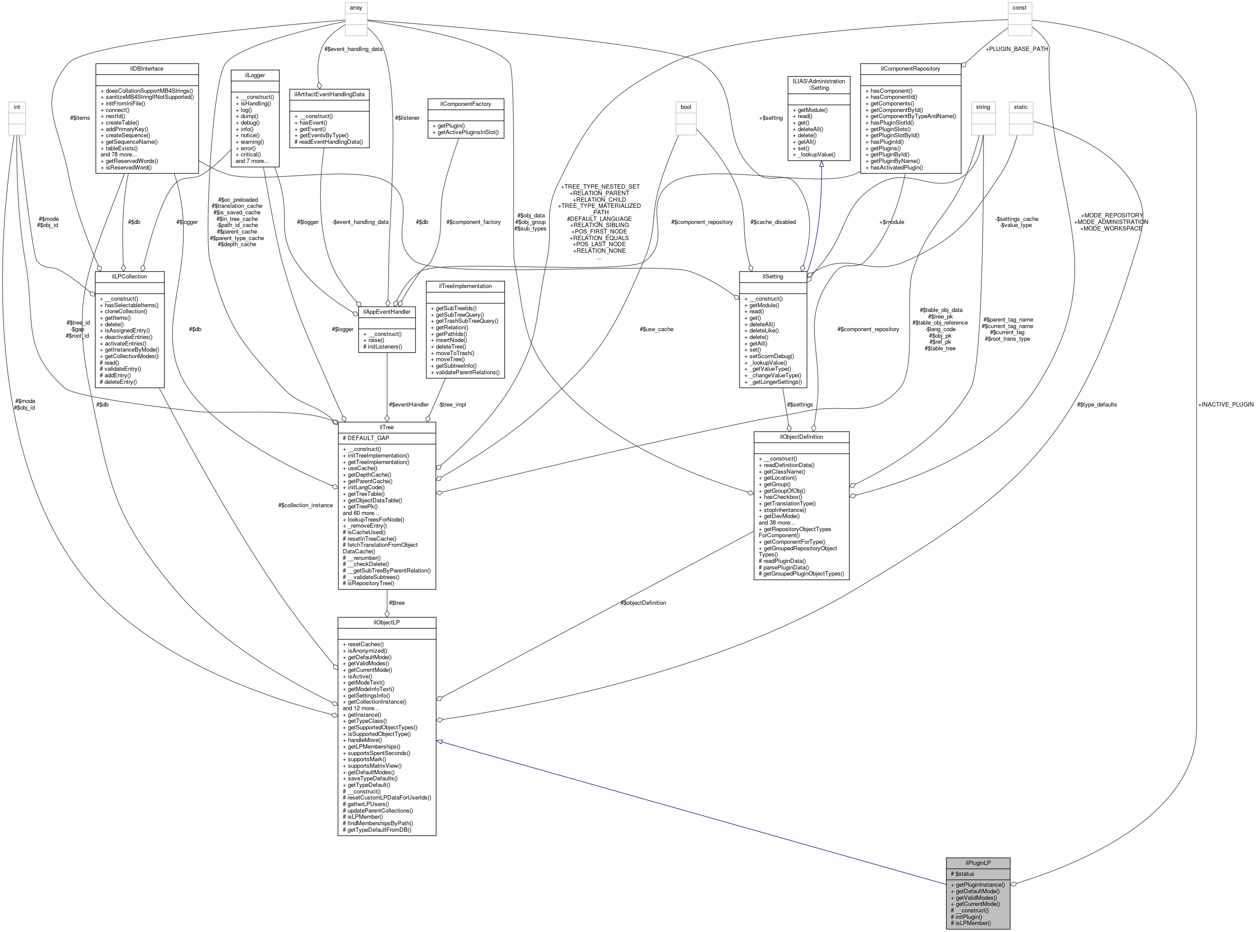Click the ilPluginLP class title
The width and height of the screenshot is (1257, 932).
(x=977, y=863)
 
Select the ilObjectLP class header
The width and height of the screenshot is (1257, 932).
(x=386, y=622)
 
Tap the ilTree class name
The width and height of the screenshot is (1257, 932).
(x=386, y=427)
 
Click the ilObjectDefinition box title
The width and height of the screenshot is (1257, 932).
(x=801, y=437)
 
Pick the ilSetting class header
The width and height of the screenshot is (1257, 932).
(x=773, y=276)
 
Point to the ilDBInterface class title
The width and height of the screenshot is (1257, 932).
(x=147, y=69)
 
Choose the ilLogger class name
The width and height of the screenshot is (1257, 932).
(x=255, y=75)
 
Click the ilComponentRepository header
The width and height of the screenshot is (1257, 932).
(x=910, y=69)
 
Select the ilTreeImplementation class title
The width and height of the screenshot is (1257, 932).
(x=465, y=286)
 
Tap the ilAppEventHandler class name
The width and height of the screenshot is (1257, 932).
(x=386, y=312)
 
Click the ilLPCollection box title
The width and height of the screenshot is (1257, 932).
(x=130, y=276)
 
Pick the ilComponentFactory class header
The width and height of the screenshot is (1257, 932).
(x=465, y=104)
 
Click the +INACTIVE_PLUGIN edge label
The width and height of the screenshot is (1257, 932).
(x=1225, y=404)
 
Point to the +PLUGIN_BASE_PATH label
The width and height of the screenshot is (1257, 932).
(x=1016, y=49)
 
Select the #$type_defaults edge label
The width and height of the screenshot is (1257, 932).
(x=1096, y=404)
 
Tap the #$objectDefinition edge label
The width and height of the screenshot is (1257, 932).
(x=643, y=603)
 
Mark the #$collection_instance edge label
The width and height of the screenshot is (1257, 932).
(x=305, y=505)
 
